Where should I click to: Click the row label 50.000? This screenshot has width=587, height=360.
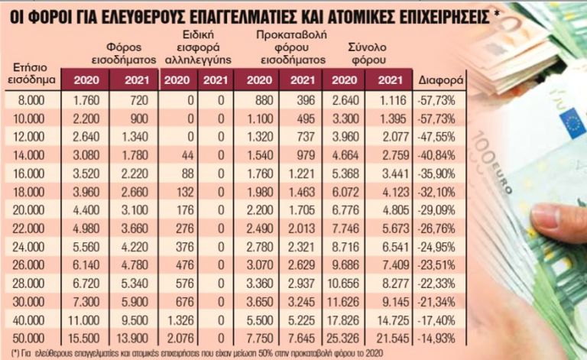point(27,337)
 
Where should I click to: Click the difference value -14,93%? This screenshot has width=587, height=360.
point(437,337)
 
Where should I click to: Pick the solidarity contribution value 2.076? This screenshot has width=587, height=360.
point(175,337)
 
